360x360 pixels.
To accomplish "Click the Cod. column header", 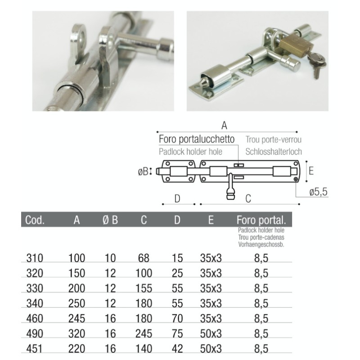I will (35, 220).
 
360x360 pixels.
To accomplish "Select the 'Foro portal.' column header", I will (261, 220).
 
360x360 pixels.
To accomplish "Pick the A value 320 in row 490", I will (77, 333).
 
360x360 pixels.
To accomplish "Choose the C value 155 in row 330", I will (144, 288).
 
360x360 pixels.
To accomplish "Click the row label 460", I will (35, 319).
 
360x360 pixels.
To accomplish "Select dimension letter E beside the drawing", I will (311, 171).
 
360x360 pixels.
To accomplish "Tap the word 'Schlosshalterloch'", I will (274, 152).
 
